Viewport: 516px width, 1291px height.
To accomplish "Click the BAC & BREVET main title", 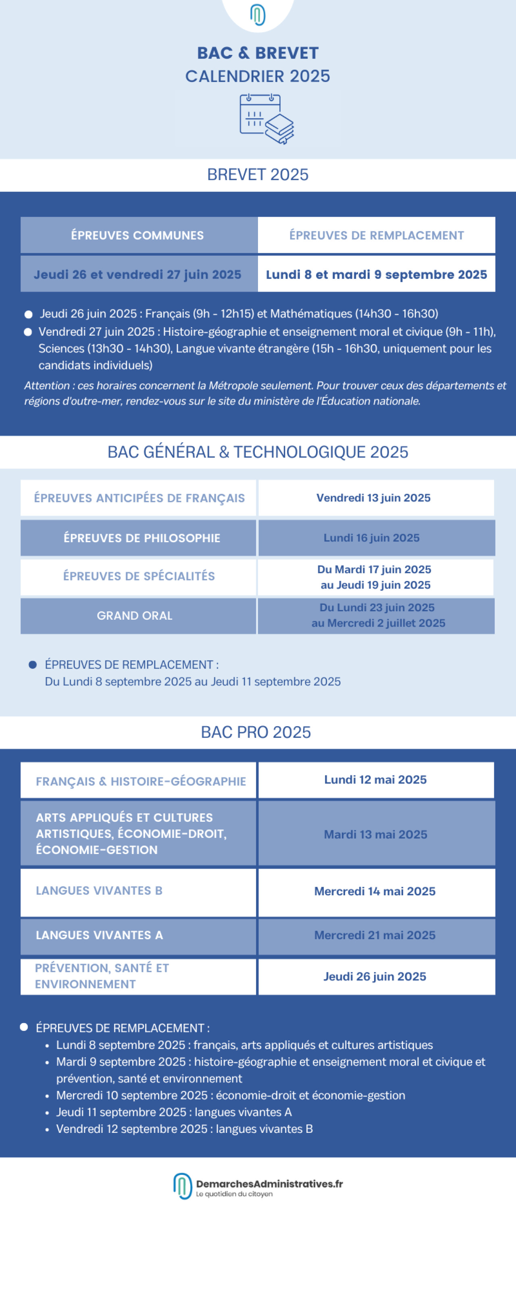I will (x=258, y=52).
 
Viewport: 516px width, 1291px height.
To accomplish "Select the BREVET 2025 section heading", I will (x=258, y=174).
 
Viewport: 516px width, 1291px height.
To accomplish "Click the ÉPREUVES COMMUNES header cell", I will (x=137, y=235).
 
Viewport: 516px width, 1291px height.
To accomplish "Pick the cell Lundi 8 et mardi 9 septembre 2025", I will (x=376, y=275).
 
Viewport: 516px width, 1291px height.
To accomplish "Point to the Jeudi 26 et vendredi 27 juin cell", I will (x=137, y=275).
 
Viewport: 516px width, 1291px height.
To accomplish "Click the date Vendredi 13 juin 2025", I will (x=373, y=498).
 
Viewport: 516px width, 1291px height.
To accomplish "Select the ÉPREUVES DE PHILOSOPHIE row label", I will (x=142, y=538).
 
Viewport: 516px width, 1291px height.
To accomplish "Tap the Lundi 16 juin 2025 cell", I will (x=371, y=538).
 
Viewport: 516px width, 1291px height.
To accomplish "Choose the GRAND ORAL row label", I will (x=134, y=615).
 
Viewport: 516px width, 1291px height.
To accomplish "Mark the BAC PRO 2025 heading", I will (x=256, y=732).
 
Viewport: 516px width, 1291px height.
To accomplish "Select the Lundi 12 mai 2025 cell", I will (x=375, y=780).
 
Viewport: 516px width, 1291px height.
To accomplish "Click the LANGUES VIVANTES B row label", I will (x=99, y=890).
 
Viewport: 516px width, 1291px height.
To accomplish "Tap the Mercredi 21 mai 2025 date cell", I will (x=375, y=935).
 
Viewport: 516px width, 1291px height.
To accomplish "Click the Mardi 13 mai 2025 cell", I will (x=375, y=834).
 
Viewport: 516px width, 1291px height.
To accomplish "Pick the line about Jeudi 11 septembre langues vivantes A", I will (x=173, y=1112).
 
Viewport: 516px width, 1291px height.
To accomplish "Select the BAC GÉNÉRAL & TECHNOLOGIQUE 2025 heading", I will (x=258, y=452).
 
